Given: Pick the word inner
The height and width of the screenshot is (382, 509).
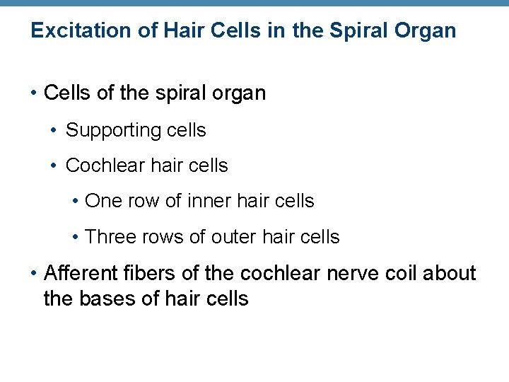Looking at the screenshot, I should pyautogui.click(x=209, y=201).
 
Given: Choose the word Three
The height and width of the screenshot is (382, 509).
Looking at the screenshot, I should pyautogui.click(x=110, y=237).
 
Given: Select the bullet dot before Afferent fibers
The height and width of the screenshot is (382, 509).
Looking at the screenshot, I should pyautogui.click(x=34, y=274).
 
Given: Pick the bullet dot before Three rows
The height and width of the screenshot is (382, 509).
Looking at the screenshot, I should pyautogui.click(x=75, y=238).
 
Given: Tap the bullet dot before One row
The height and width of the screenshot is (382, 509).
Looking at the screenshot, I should pyautogui.click(x=75, y=202).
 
